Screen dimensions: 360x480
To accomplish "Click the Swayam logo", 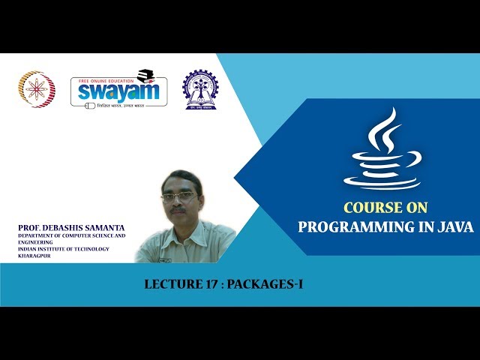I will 118,90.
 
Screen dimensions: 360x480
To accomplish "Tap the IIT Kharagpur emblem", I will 200,90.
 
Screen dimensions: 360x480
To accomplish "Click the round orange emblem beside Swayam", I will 36,89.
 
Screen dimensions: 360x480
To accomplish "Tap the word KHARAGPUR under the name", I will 37,256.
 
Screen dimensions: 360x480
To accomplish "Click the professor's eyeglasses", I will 179,198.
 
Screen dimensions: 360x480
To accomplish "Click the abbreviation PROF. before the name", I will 30,227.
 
